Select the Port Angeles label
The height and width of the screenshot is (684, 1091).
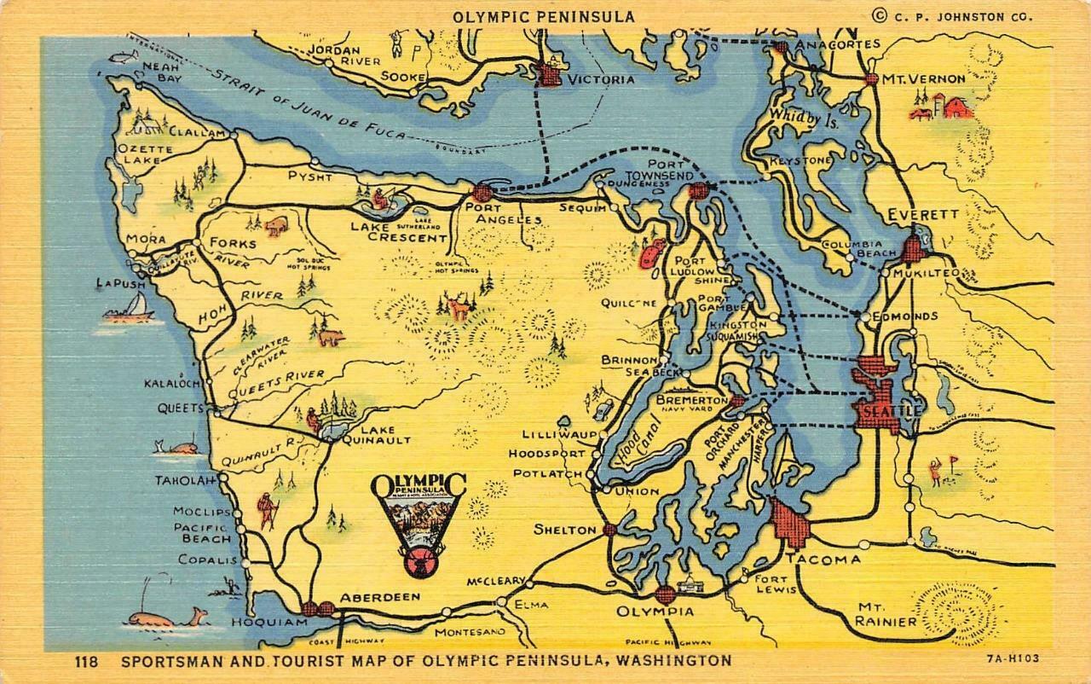[503, 212]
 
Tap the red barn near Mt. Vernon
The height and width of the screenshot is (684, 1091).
[955, 107]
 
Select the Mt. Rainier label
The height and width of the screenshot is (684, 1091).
[886, 614]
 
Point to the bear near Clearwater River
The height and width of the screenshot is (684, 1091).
[331, 338]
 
